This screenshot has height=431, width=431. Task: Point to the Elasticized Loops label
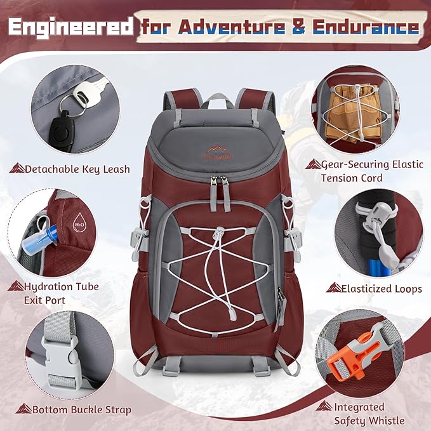[381, 289]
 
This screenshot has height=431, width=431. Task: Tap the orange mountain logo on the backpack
[218, 150]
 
